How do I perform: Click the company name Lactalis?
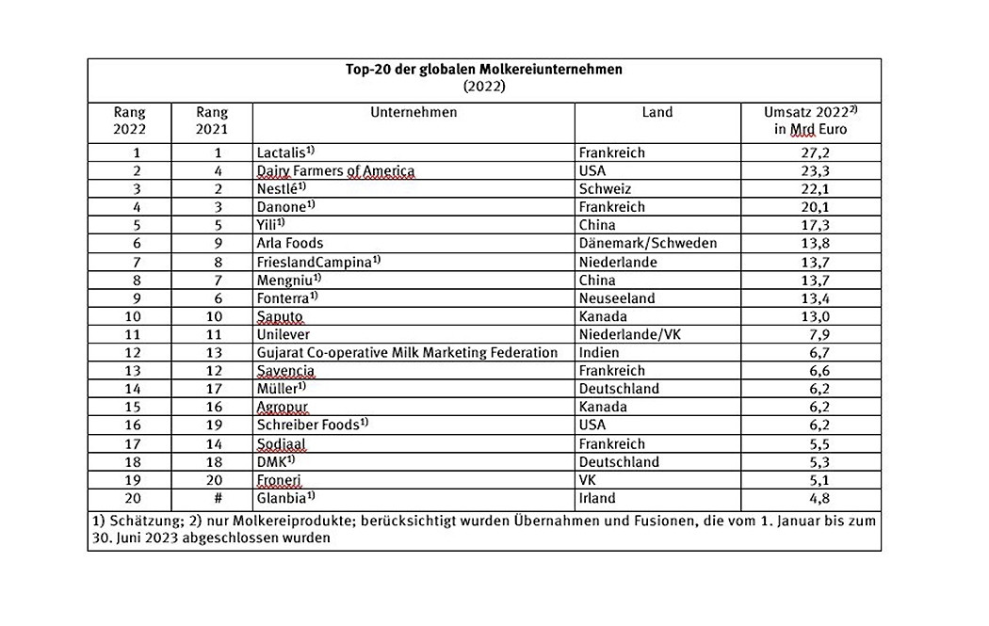(282, 152)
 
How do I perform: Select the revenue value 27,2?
(810, 152)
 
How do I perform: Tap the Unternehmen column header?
(413, 112)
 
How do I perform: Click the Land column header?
(657, 112)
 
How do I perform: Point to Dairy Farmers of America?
(335, 170)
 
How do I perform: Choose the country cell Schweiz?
(606, 188)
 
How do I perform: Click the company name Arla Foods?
(290, 243)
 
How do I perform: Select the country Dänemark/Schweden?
(649, 243)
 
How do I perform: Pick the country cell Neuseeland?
(617, 297)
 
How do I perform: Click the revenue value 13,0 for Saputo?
(810, 315)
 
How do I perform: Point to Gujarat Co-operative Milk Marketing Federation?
(408, 352)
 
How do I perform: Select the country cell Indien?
(602, 352)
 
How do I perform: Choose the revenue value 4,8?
(810, 498)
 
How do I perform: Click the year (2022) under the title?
(484, 86)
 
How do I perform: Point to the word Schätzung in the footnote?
(138, 521)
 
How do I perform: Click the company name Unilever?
(284, 334)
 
